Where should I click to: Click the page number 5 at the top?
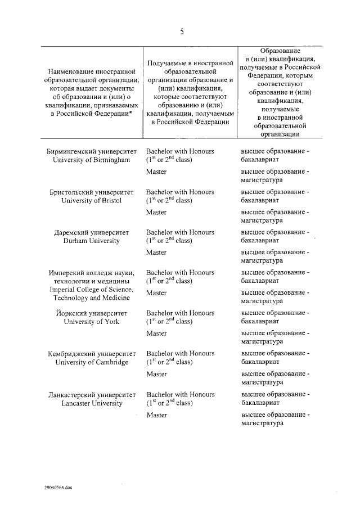(x=182, y=31)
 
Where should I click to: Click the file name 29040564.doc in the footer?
(x=56, y=487)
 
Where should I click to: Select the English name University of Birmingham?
(x=91, y=160)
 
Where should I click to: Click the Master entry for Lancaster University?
(x=156, y=415)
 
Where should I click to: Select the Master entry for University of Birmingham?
(x=156, y=172)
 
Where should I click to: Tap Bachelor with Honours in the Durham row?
(x=180, y=232)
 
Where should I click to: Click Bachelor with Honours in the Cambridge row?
(x=180, y=353)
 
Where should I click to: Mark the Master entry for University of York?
(x=156, y=334)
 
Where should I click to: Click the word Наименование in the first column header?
(x=70, y=72)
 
